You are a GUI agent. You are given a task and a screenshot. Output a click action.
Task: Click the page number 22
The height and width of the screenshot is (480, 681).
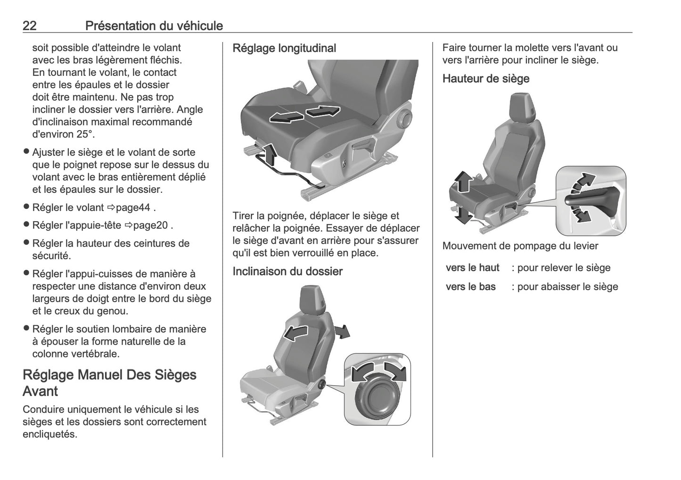click(x=30, y=25)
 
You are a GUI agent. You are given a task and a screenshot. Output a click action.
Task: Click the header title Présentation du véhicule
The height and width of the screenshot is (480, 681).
click(x=154, y=25)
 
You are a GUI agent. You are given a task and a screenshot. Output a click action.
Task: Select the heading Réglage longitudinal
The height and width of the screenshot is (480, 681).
click(x=284, y=48)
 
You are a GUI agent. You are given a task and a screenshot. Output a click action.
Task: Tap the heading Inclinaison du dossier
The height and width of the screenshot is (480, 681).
click(x=287, y=271)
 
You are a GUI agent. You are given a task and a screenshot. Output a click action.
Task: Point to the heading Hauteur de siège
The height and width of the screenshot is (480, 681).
click(x=485, y=79)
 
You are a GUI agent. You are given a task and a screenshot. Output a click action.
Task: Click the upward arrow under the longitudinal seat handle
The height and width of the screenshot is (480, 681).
click(x=268, y=153)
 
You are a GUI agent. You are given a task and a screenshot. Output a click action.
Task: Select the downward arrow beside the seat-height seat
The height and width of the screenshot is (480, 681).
click(x=464, y=215)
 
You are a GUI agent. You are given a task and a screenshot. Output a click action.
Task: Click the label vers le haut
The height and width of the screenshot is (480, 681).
click(x=472, y=268)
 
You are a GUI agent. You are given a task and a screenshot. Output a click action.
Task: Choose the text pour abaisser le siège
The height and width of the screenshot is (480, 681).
click(x=567, y=287)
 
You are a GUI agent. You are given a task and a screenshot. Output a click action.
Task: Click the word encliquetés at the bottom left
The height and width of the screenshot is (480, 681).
click(x=49, y=434)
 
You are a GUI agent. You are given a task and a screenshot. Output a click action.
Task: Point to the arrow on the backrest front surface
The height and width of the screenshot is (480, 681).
click(x=295, y=333)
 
